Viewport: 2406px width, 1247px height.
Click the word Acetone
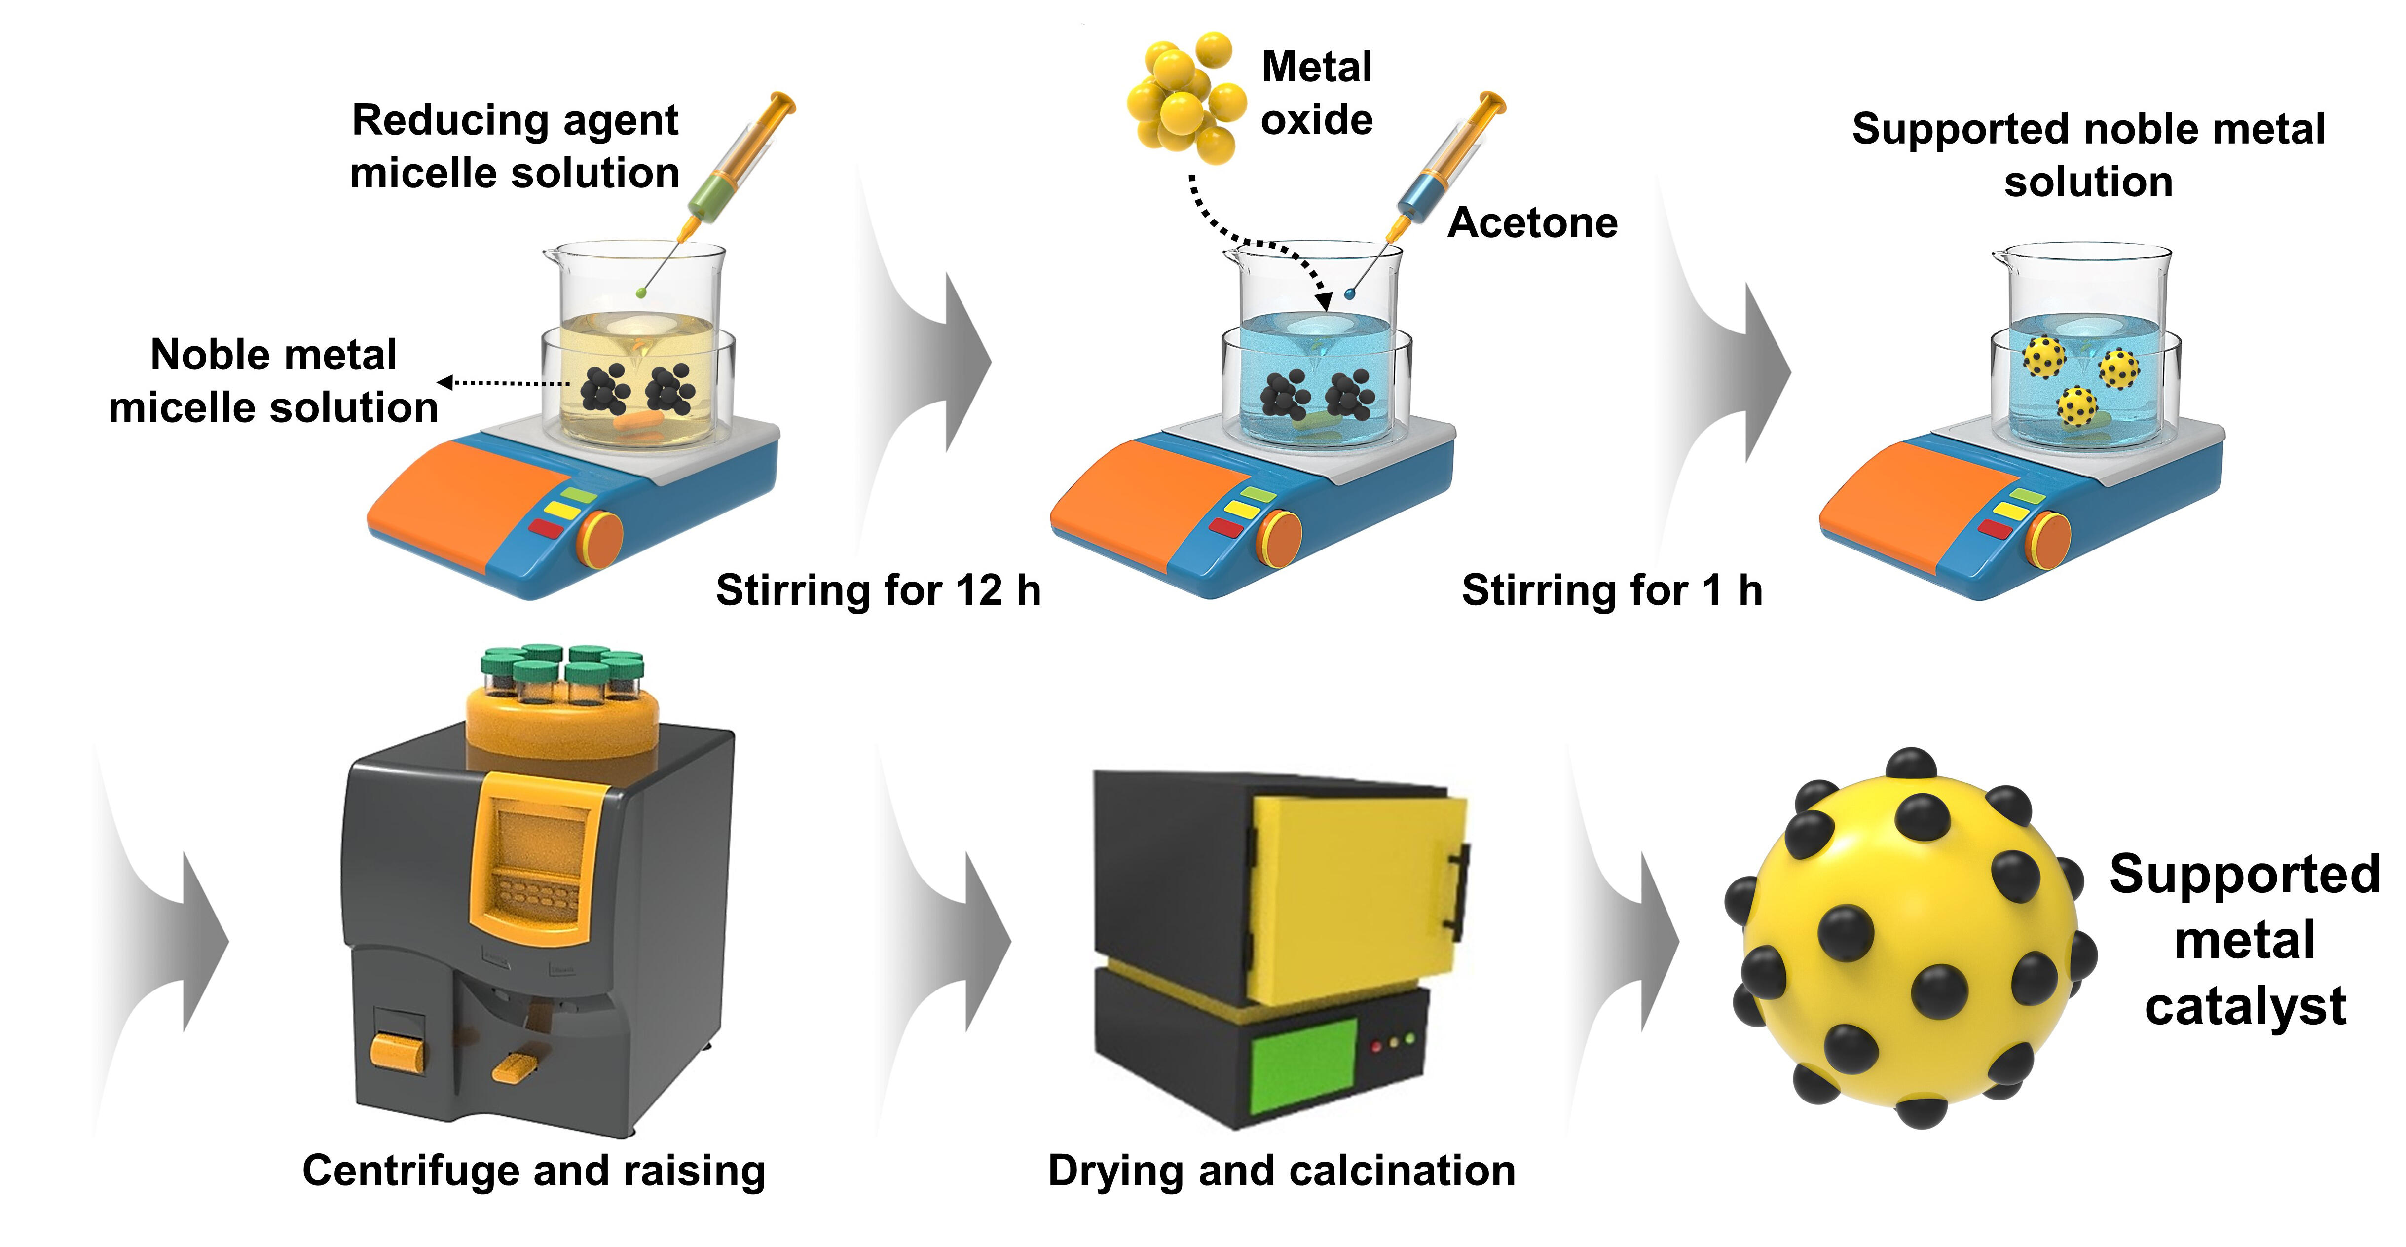[1532, 222]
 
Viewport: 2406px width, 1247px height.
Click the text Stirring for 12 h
[878, 590]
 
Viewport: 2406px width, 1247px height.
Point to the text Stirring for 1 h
[1611, 590]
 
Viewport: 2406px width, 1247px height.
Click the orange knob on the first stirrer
[600, 539]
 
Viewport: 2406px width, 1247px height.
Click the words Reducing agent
[515, 120]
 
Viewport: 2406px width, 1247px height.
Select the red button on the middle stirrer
[1225, 528]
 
